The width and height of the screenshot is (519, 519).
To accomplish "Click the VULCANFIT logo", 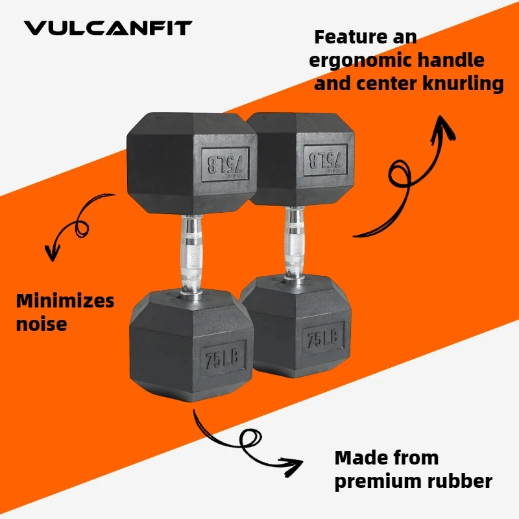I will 108,28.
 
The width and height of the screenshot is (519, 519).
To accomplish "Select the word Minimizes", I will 65,301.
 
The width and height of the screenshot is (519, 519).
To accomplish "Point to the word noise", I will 42,323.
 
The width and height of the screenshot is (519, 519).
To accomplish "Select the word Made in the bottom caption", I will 360,458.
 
